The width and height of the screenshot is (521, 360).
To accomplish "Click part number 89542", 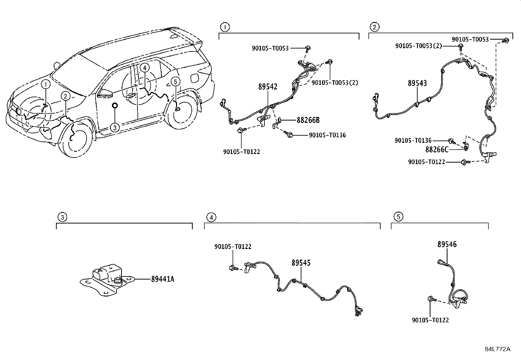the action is (268, 86).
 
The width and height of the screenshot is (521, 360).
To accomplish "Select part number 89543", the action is (417, 83).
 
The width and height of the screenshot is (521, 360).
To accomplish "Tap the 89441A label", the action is (163, 279).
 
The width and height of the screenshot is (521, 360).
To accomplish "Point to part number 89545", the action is (301, 263).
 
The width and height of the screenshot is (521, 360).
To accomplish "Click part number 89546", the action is (447, 244).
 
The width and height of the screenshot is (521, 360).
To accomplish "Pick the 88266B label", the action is (308, 120).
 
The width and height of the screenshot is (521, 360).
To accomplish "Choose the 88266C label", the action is (437, 149).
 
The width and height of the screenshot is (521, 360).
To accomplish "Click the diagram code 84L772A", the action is (497, 349).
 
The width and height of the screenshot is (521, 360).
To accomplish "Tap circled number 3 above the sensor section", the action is (62, 218).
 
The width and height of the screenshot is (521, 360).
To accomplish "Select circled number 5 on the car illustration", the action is (175, 82).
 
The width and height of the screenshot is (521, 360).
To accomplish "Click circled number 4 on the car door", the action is (144, 68).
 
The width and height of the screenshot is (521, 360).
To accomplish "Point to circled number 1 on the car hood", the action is (45, 85).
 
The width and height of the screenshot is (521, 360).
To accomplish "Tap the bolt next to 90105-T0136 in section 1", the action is (288, 134).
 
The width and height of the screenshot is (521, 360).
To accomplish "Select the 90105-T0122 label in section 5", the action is (430, 320).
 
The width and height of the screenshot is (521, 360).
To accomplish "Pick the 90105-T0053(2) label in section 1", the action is (335, 83).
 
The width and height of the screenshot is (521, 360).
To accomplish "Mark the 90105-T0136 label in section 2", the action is (413, 141).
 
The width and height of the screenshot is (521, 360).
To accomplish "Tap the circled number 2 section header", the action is (374, 27).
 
